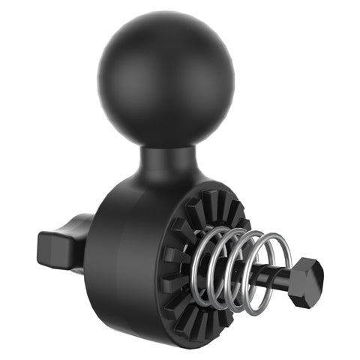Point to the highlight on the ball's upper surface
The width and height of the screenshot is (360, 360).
[142, 45]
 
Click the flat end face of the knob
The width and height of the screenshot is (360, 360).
[49, 245]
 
